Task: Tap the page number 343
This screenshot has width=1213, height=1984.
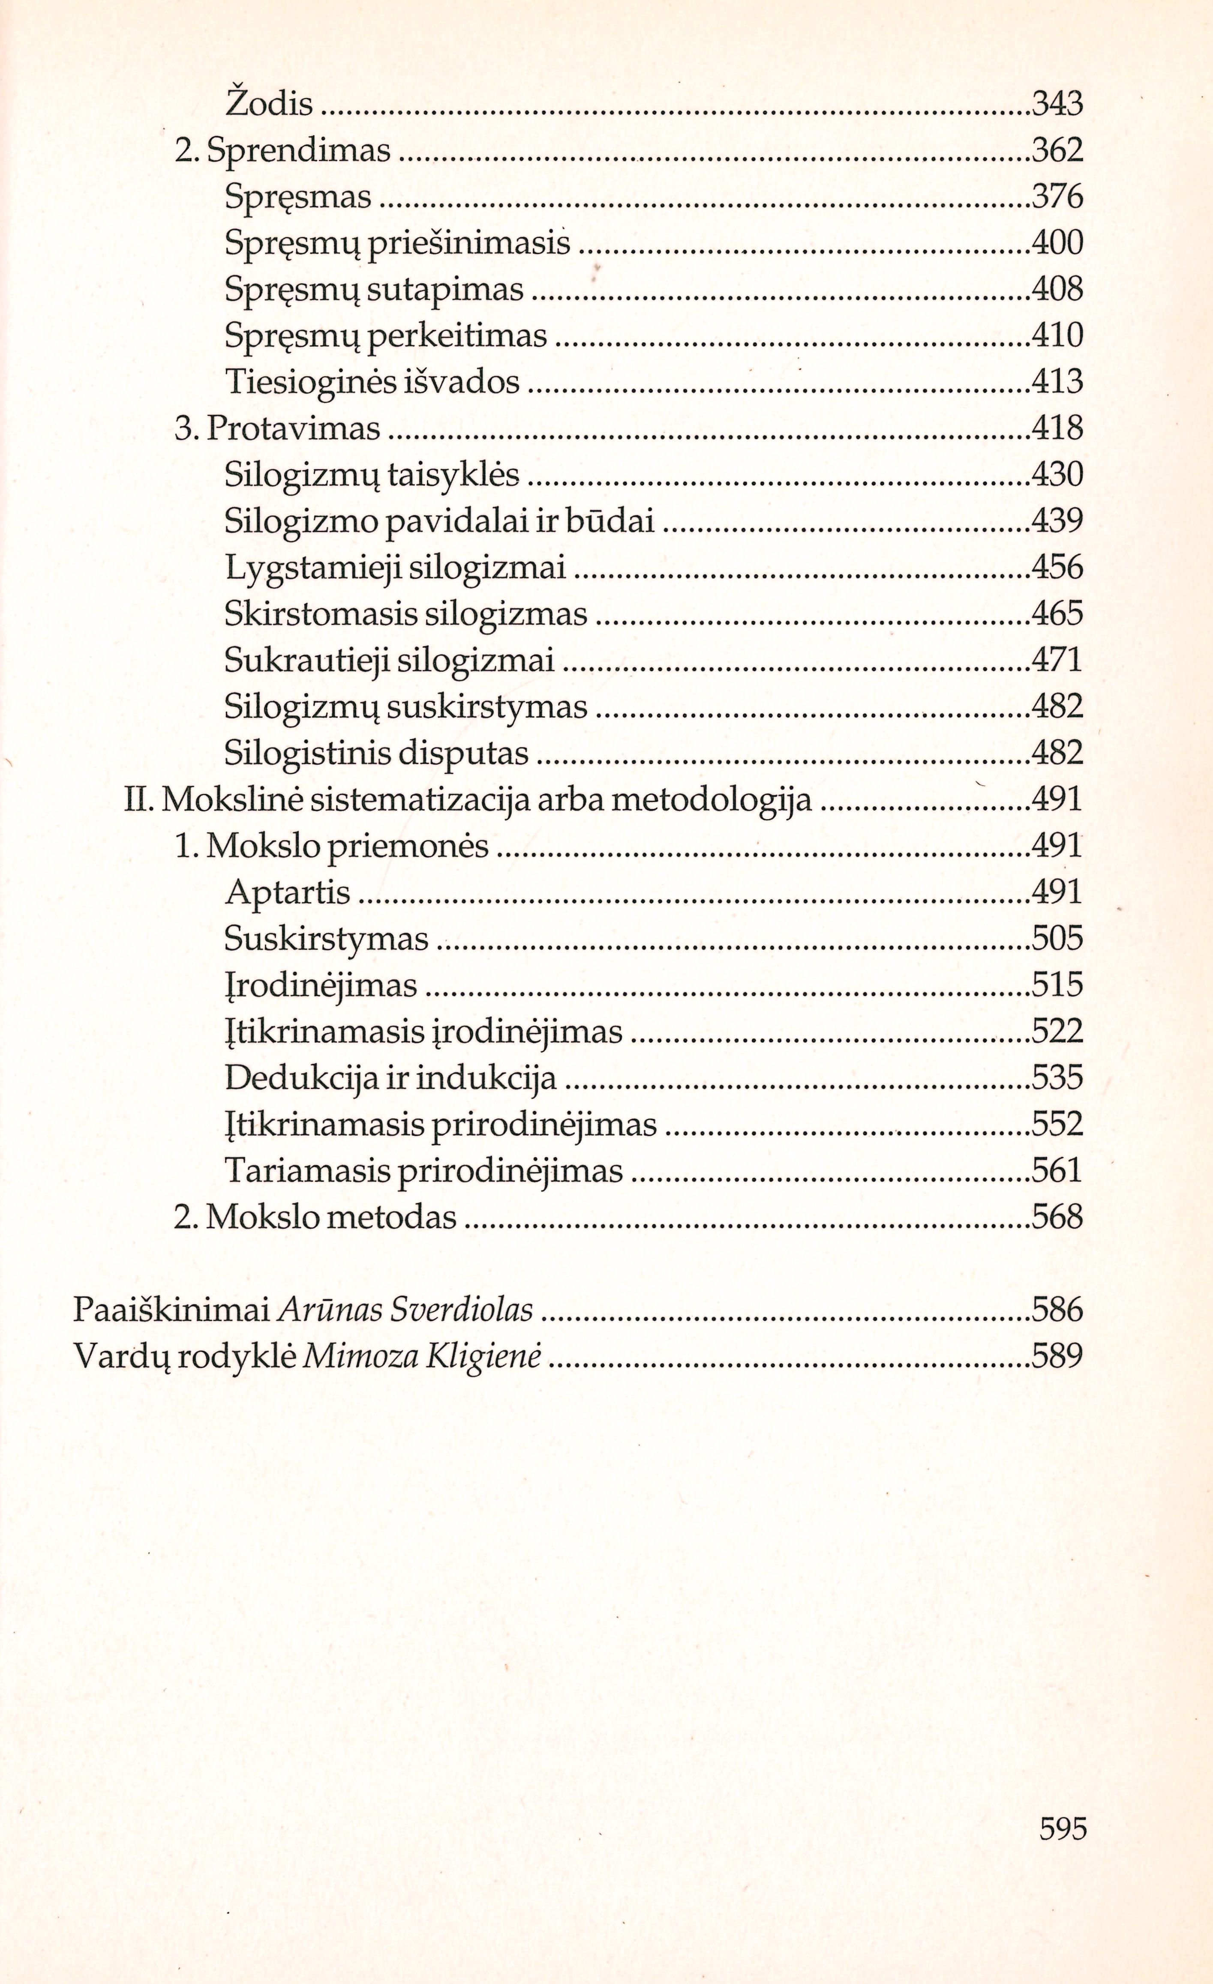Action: pos(1057,104)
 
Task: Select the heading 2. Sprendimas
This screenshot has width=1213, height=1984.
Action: pos(282,150)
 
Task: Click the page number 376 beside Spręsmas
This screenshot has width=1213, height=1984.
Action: pos(1057,197)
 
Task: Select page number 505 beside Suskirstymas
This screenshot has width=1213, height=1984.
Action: pos(1057,939)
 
